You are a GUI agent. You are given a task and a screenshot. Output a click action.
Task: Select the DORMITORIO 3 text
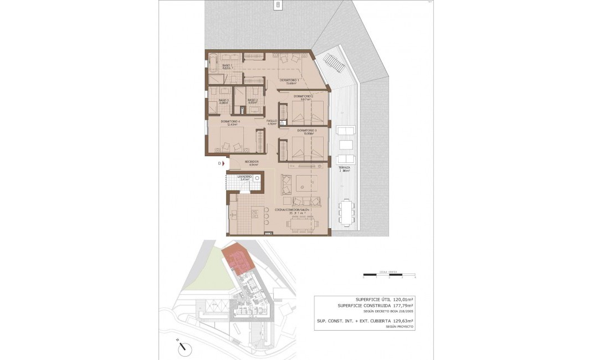tap(306, 131)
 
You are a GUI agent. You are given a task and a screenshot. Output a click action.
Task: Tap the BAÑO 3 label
tap(224, 101)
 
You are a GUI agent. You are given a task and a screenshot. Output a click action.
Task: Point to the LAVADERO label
tap(244, 178)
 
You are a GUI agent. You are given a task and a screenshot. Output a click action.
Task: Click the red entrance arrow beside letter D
tap(224, 163)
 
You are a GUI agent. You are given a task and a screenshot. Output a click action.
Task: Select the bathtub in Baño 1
tap(213, 63)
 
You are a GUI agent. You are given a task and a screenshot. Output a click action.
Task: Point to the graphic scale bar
tap(389, 274)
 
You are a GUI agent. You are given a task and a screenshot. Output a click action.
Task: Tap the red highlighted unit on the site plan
tap(237, 259)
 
